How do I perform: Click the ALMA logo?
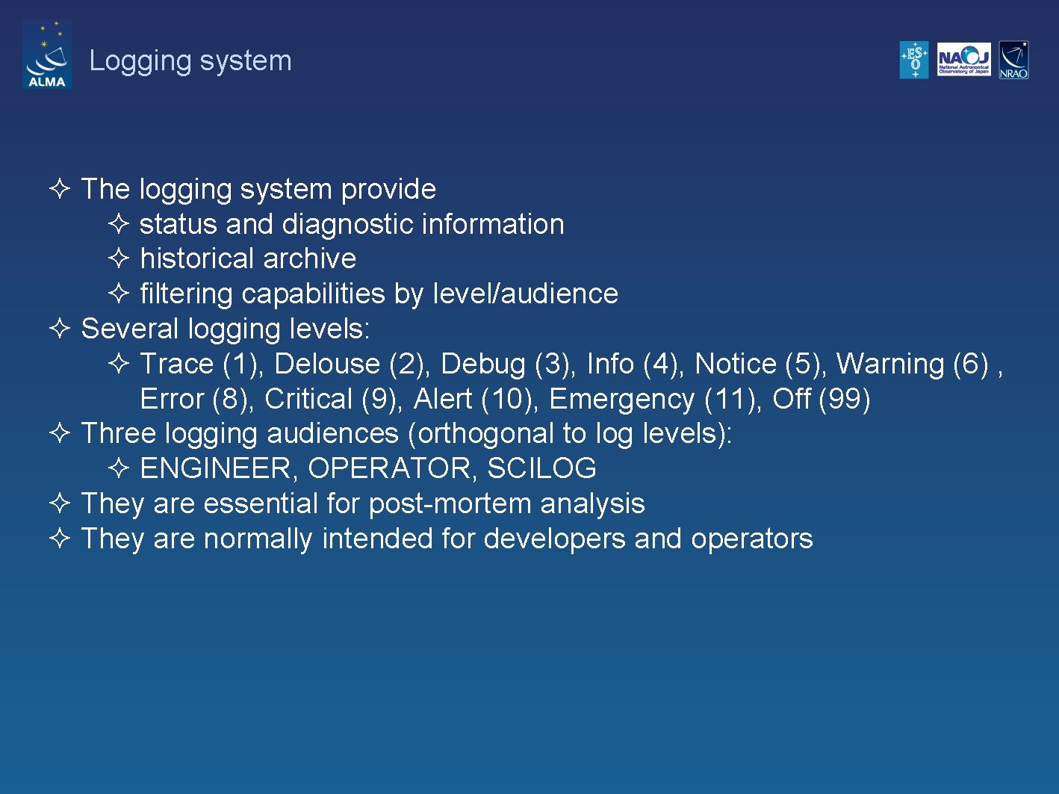(46, 55)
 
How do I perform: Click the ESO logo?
(914, 60)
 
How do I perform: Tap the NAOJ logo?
(963, 60)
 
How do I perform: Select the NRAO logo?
(1013, 60)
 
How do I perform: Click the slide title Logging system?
(190, 61)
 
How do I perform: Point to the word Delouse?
(327, 364)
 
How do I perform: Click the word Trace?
(177, 364)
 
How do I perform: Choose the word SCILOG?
(541, 468)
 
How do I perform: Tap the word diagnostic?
(347, 224)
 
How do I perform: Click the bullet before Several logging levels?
(60, 329)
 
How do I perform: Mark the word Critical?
(308, 399)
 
